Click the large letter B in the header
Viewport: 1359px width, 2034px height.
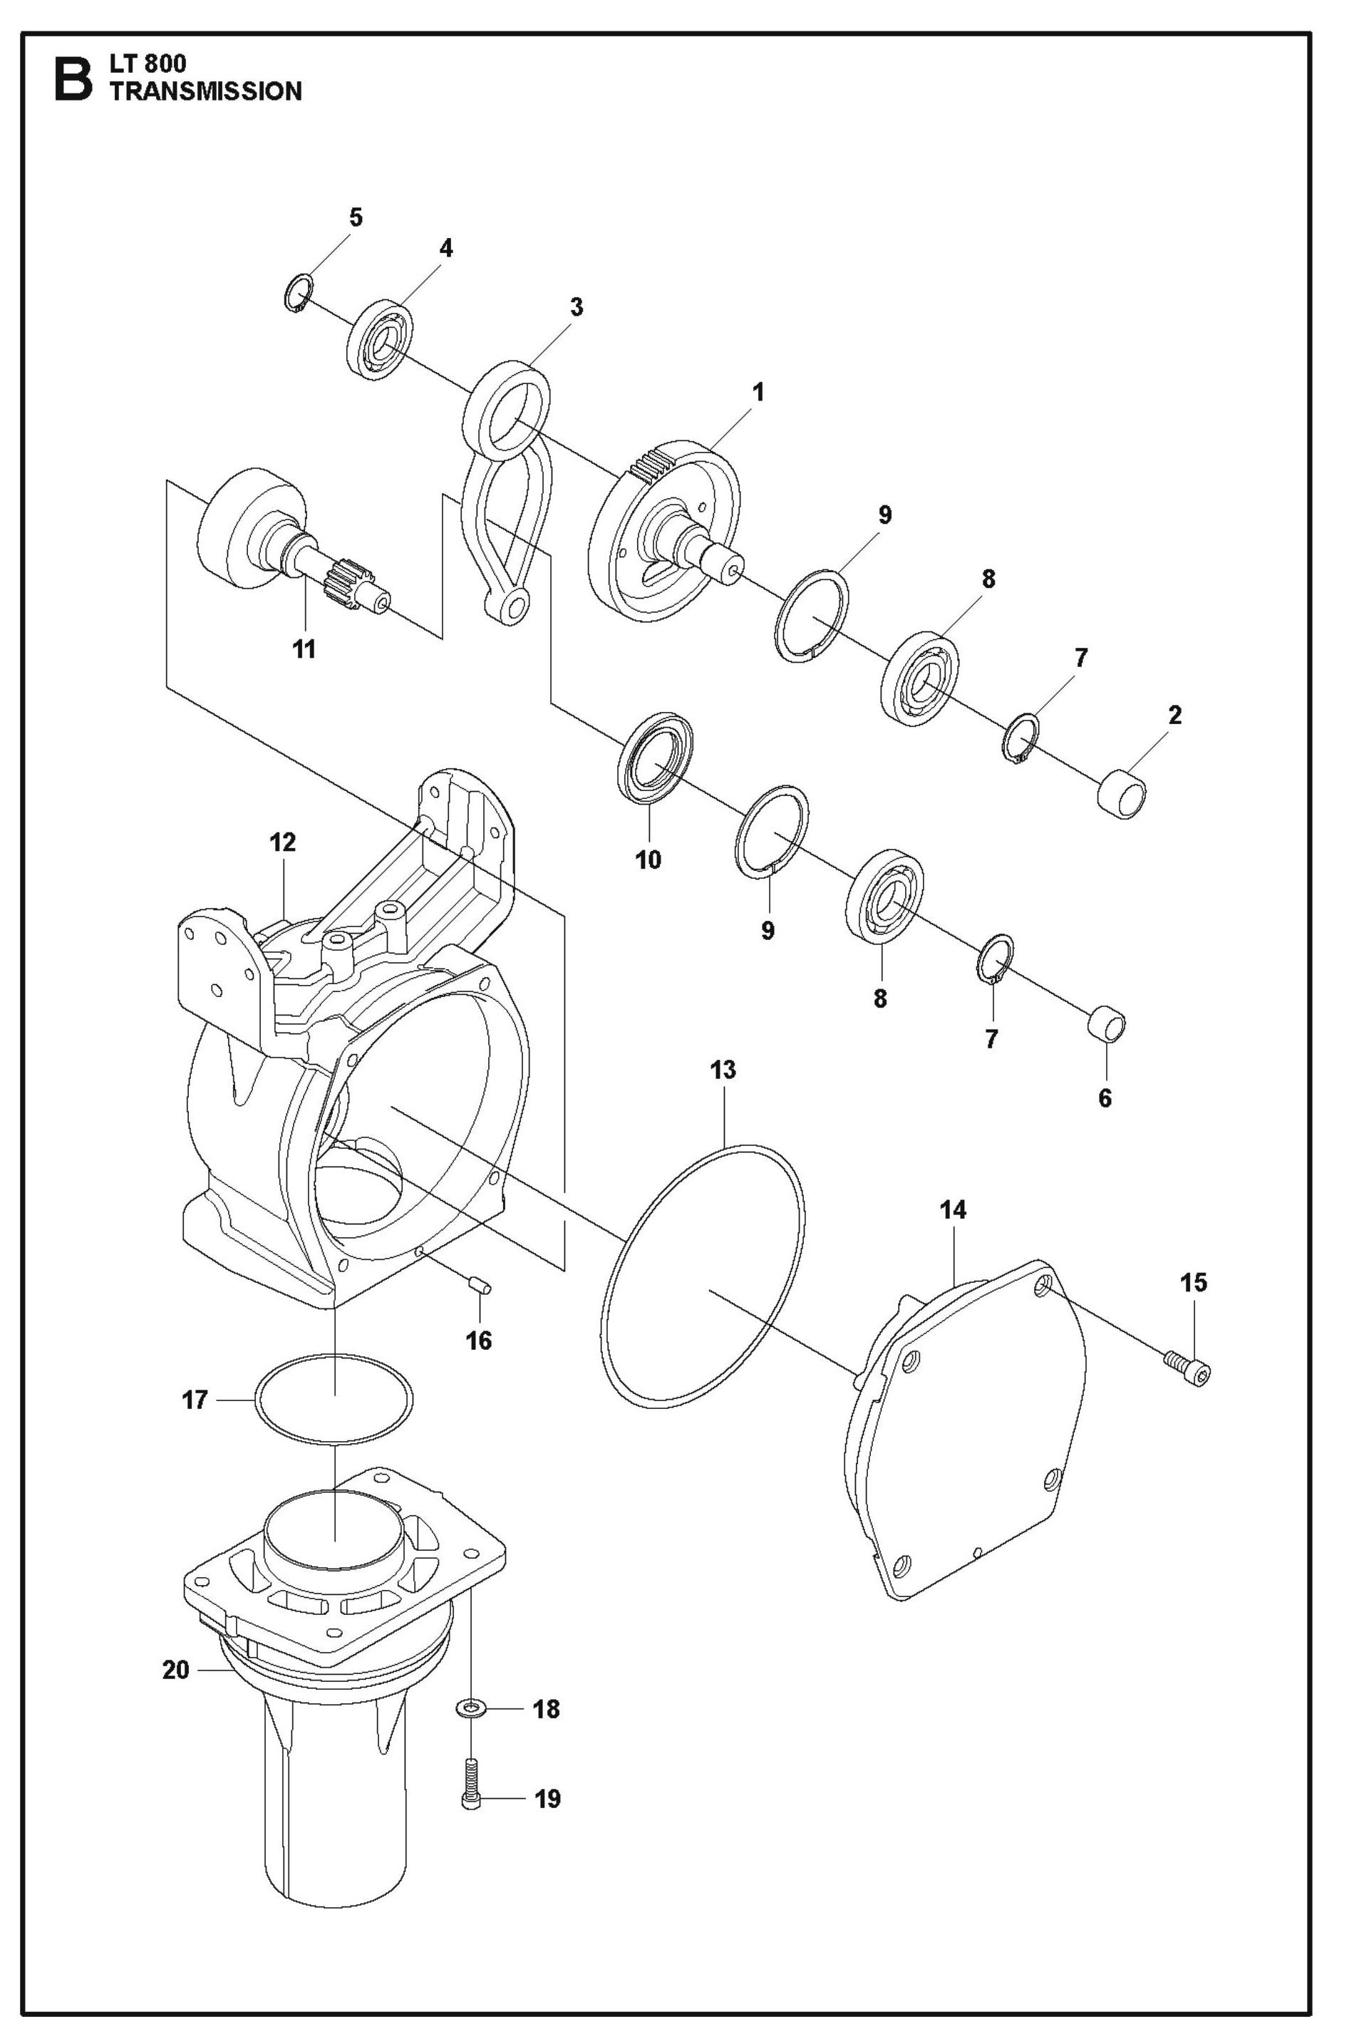point(73,79)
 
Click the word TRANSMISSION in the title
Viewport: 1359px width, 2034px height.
point(205,92)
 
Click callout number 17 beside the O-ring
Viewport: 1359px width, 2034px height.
point(195,1399)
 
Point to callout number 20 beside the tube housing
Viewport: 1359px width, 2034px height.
point(176,1669)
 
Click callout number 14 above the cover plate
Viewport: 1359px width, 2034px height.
point(953,1210)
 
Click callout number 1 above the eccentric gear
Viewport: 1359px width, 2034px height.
point(758,392)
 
